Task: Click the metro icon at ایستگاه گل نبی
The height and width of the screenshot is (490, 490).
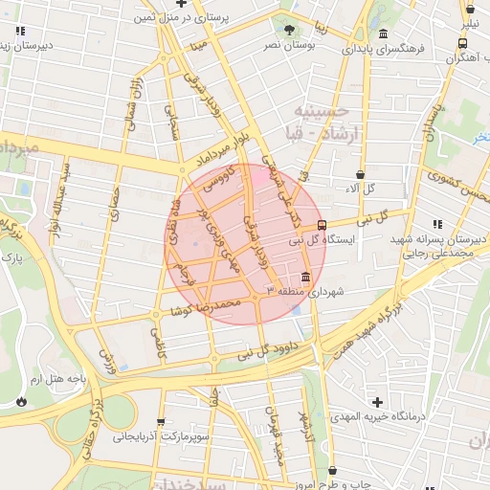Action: tap(321, 225)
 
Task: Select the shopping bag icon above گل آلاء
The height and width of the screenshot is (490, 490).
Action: tap(360, 175)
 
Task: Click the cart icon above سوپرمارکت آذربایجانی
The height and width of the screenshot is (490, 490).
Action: tap(159, 422)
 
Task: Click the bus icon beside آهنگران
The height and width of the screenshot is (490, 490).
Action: tap(463, 43)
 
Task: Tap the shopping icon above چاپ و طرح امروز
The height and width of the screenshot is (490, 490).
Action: tap(333, 471)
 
